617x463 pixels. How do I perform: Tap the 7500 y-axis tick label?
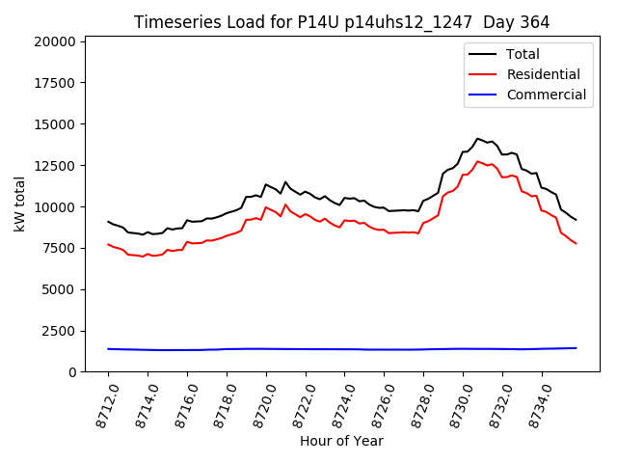pyautogui.click(x=61, y=248)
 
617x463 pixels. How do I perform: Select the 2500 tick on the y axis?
pyautogui.click(x=61, y=331)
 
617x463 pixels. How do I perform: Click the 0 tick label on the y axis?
pyautogui.click(x=72, y=372)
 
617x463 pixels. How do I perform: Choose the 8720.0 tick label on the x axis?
pyautogui.click(x=259, y=404)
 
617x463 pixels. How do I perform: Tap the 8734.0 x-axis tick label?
pyautogui.click(x=535, y=404)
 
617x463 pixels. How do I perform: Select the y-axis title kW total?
pyautogui.click(x=19, y=204)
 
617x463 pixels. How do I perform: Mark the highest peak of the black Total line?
pyautogui.click(x=477, y=138)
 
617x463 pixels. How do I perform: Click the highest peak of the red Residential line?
pyautogui.click(x=477, y=161)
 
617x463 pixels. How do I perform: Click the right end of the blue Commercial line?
pyautogui.click(x=577, y=348)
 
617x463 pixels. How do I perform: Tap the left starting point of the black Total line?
pyautogui.click(x=108, y=222)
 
